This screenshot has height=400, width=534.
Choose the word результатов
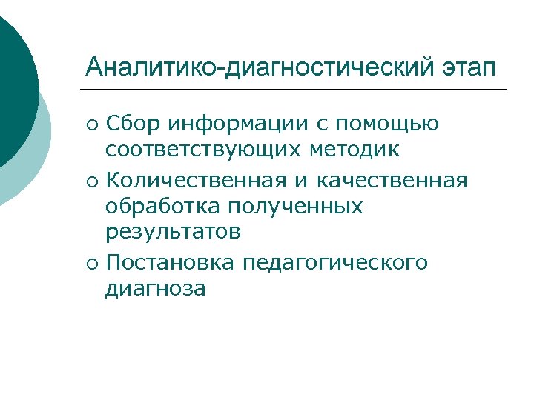click(173, 233)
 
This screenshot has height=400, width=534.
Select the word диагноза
click(155, 288)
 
